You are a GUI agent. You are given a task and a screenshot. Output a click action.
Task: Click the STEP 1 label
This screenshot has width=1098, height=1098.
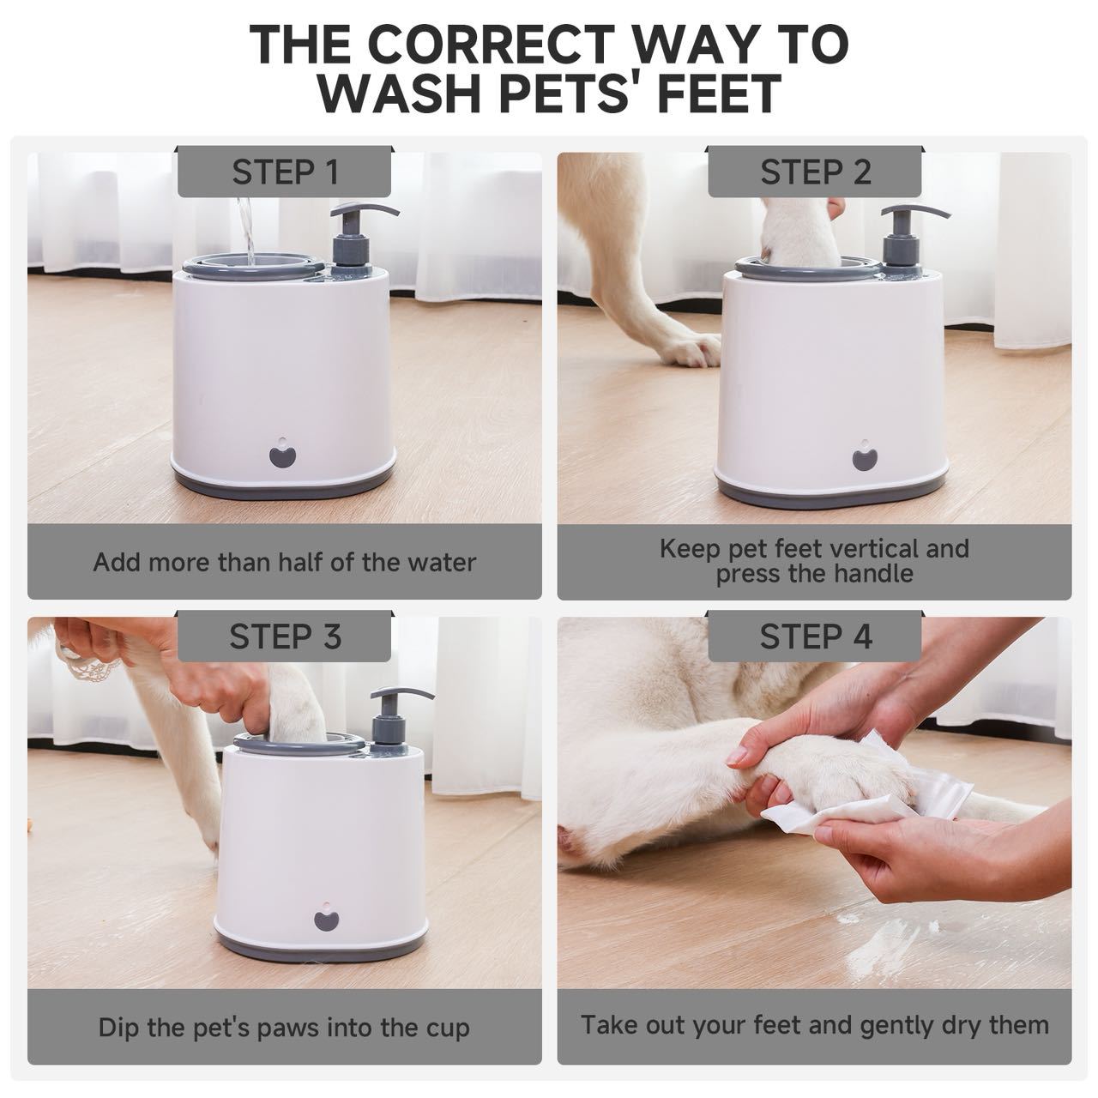tap(285, 172)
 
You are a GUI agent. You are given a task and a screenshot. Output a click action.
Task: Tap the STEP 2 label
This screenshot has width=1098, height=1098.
tap(815, 172)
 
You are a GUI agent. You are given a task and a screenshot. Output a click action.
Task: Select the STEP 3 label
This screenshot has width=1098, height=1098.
tap(285, 636)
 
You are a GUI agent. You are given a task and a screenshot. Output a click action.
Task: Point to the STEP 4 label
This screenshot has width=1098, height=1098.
tap(815, 636)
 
